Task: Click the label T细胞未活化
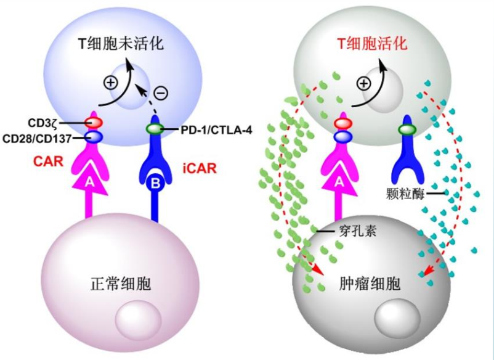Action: point(121,44)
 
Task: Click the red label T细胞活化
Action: point(373,44)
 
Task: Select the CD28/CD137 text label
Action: point(37,138)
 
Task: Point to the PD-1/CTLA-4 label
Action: point(216,130)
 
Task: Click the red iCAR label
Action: point(200,169)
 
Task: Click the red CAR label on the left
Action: point(49,162)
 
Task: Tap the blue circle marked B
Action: point(155,183)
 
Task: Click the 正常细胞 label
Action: point(121,284)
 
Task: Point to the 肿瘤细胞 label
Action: point(370,283)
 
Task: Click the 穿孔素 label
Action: point(358,231)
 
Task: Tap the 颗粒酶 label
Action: point(405,193)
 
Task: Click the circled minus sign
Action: point(161,93)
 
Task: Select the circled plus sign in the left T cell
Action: point(111,83)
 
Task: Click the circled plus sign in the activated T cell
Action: point(364,84)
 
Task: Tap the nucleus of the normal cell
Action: point(139,320)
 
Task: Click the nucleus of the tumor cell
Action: point(397,319)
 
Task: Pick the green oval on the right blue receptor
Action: point(407,129)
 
